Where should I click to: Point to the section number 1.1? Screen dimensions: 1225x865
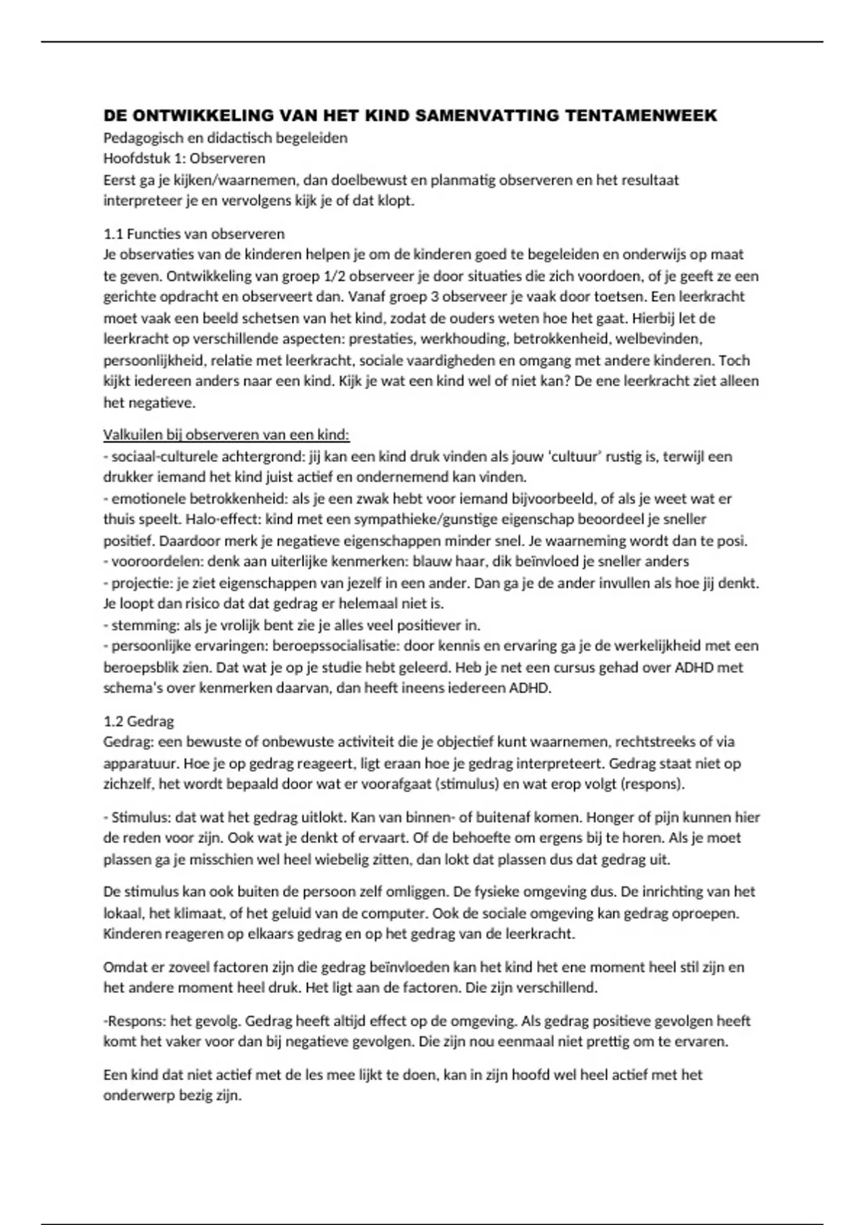tap(113, 234)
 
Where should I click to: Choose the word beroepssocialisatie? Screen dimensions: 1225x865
tap(338, 646)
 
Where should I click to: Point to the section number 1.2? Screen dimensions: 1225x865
tap(113, 721)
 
